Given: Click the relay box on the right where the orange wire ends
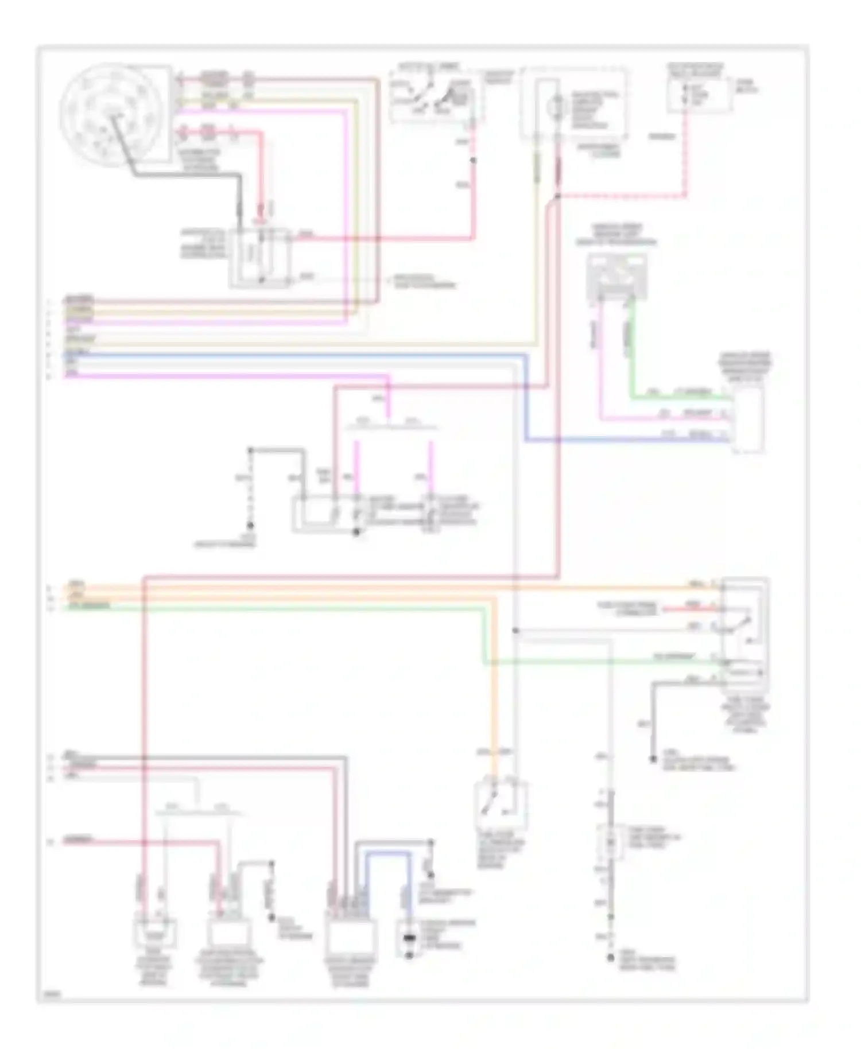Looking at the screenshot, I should [x=745, y=631].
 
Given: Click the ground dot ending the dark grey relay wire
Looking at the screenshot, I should [x=653, y=759].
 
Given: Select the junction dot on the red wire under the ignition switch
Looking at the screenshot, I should [x=474, y=160].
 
